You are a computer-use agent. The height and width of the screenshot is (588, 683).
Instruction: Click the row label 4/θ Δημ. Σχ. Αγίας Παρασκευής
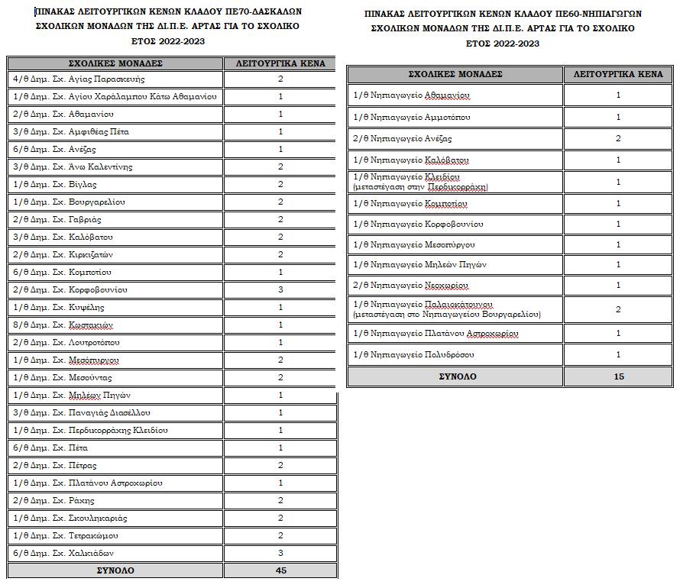(79, 79)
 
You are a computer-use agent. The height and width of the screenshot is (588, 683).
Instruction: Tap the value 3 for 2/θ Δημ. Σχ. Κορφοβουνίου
(280, 290)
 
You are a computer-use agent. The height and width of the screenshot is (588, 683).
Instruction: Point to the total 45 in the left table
(280, 570)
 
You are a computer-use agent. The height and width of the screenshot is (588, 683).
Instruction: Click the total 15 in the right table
(619, 376)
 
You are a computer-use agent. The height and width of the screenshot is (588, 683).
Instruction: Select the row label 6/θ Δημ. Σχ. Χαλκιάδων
(63, 554)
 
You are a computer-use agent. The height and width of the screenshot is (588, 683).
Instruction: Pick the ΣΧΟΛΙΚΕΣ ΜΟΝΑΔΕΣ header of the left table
(115, 63)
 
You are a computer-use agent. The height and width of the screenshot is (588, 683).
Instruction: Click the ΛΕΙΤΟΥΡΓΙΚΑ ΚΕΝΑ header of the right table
(619, 74)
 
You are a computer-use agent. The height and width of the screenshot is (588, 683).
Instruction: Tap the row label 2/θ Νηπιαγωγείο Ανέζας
(403, 139)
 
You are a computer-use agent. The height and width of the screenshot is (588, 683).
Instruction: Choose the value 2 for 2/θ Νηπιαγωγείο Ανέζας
(619, 139)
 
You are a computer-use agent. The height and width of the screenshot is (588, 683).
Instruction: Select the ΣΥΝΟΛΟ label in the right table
(457, 376)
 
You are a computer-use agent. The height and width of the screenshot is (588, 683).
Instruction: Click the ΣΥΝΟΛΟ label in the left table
(115, 570)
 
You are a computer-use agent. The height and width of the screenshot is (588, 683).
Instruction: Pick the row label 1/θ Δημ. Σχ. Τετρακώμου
(66, 536)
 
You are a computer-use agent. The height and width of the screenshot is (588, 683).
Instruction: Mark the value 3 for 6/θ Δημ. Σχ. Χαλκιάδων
(280, 554)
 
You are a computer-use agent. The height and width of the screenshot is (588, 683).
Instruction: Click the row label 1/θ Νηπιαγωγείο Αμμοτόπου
(412, 118)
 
